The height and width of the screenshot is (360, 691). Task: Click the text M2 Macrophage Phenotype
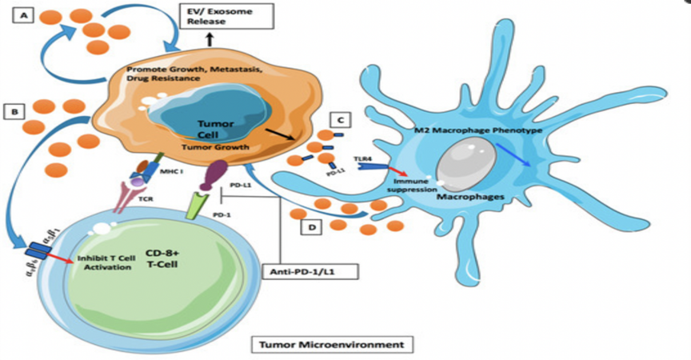[480, 130]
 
